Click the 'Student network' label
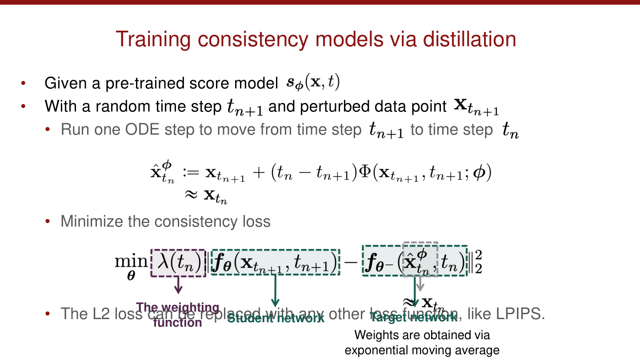[x=276, y=318]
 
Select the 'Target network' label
[x=413, y=317]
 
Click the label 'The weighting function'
[x=178, y=315]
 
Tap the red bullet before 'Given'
[x=23, y=83]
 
